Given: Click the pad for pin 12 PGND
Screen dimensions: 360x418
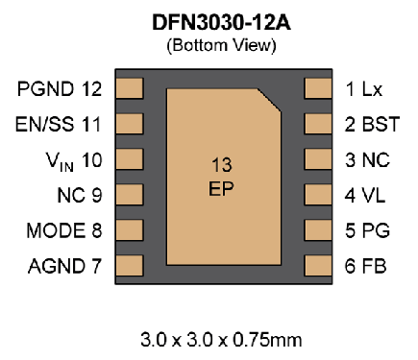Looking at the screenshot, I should pos(128,89).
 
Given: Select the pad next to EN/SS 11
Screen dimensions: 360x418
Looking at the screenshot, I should pos(128,125).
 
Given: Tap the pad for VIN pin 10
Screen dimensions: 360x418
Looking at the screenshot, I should pos(128,159).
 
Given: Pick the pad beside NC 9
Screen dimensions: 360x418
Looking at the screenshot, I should pos(128,195).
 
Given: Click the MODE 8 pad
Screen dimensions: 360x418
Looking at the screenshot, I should pos(128,230).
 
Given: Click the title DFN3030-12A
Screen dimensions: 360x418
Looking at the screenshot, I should pos(209,22).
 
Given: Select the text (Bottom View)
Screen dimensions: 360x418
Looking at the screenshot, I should pos(209,43).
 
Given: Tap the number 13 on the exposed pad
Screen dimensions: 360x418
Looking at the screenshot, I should pos(221,166).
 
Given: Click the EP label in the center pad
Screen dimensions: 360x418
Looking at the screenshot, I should pos(221,188).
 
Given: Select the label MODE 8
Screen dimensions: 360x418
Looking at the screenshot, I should pos(62,230).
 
